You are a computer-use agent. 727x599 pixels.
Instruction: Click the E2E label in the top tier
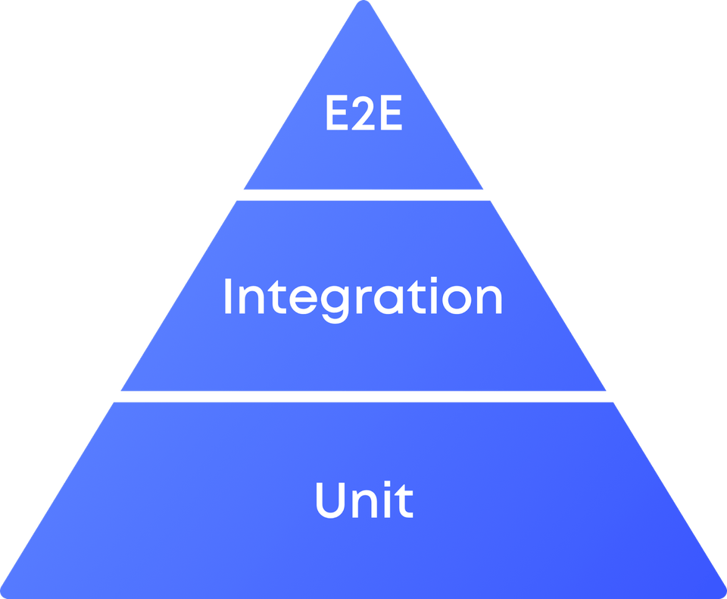pos(363,114)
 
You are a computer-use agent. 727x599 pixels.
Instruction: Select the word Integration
pos(363,296)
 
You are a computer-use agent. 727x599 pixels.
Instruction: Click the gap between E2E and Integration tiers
pos(363,195)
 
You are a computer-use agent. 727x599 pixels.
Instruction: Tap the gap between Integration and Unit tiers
pos(363,397)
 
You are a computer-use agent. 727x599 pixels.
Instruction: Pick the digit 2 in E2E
pos(363,114)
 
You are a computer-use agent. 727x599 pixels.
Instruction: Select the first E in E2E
pos(337,114)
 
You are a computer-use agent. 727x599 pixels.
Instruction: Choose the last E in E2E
pos(390,114)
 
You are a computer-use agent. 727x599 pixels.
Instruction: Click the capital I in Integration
pos(227,296)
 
